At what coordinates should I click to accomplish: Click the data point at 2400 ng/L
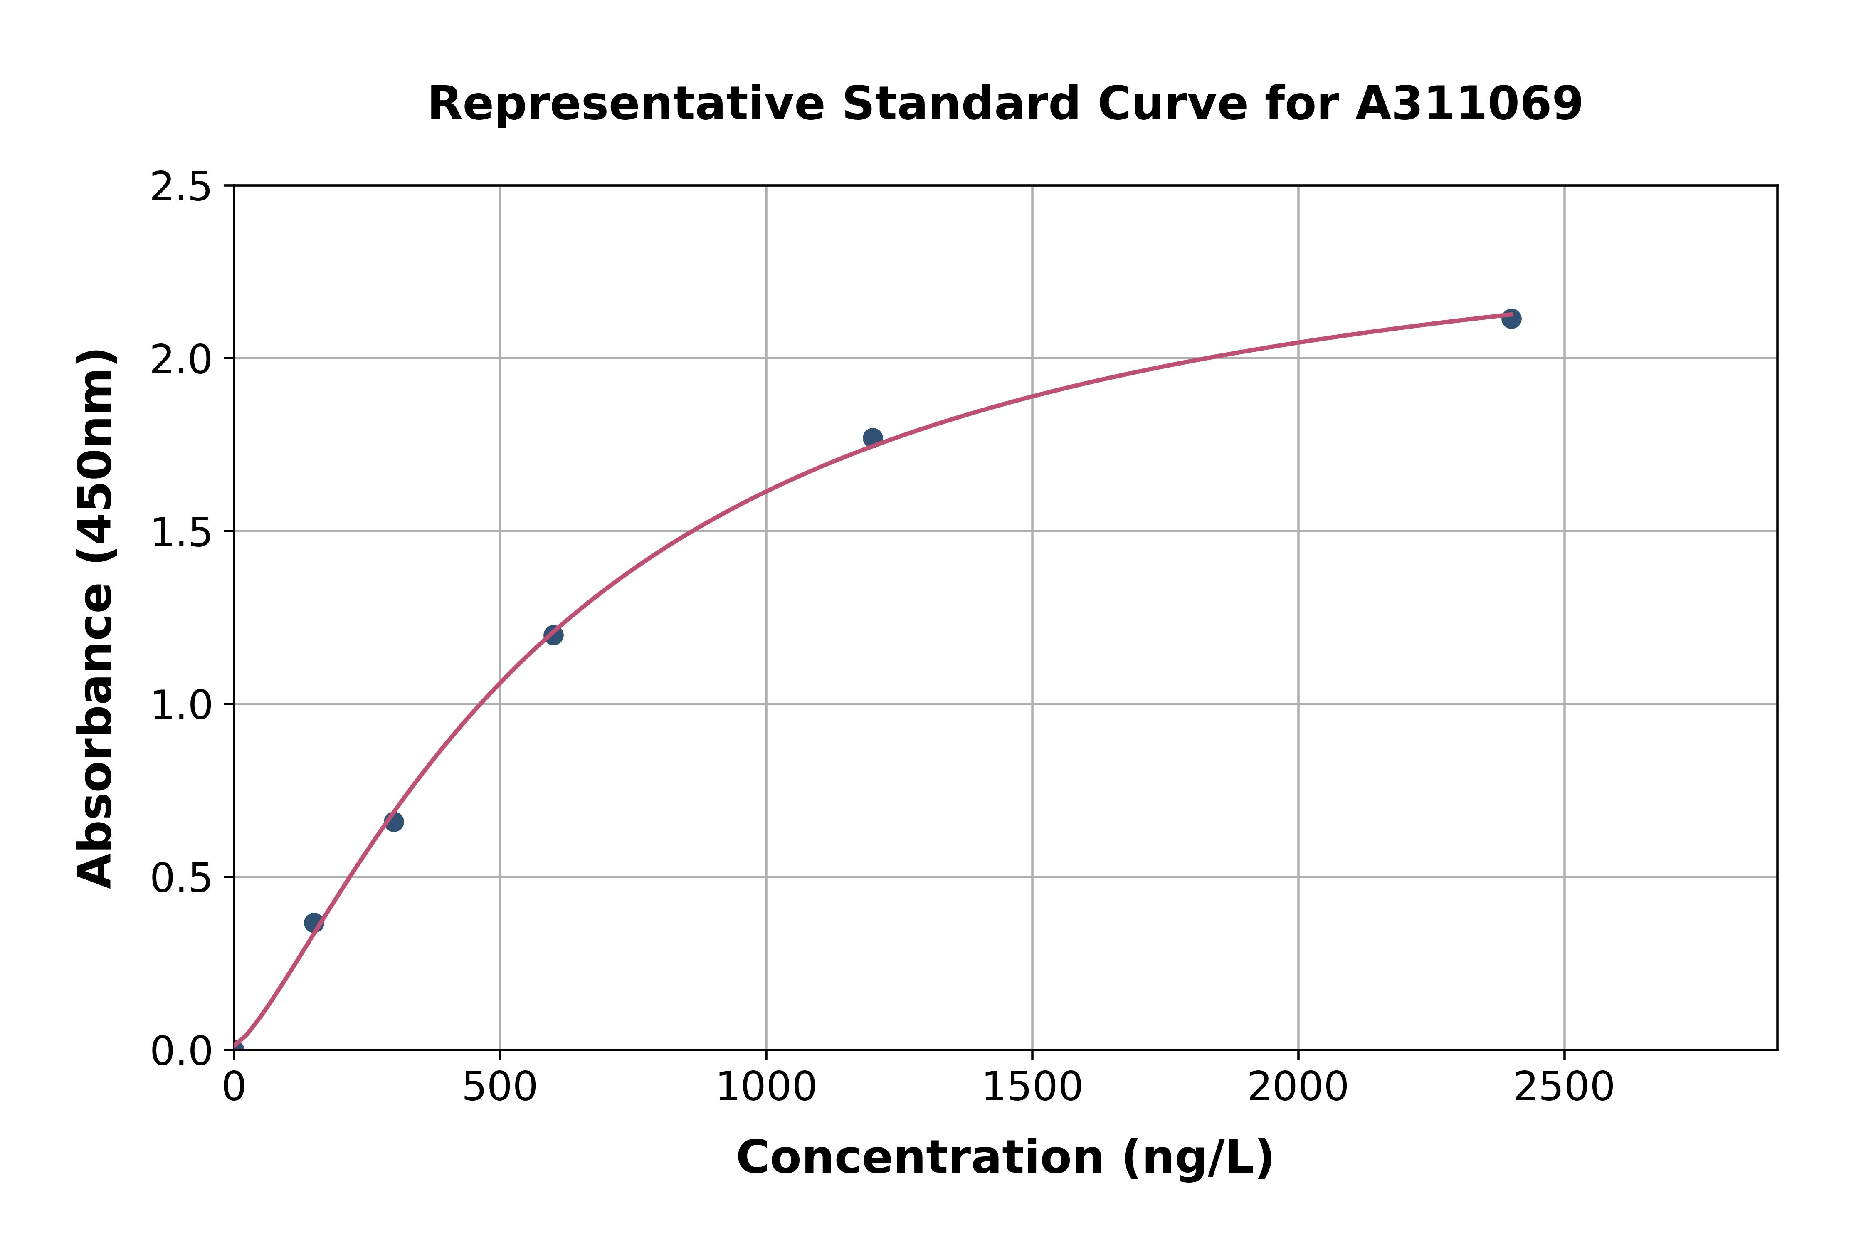pos(1511,318)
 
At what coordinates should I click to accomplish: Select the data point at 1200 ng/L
pos(872,438)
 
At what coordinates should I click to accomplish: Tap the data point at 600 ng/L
pos(553,635)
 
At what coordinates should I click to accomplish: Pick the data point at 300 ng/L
pos(394,822)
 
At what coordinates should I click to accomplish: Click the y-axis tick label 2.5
pos(181,188)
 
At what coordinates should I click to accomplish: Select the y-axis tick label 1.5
pos(181,532)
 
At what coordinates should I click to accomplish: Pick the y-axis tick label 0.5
pos(181,877)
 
